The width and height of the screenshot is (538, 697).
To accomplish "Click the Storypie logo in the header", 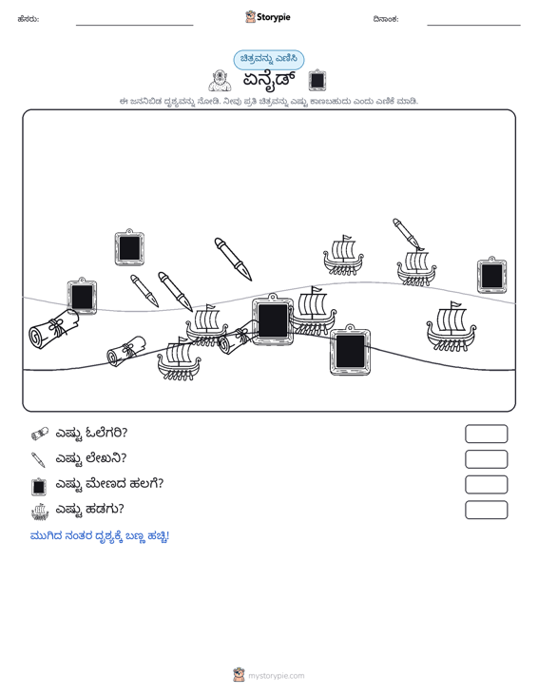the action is pos(268,17).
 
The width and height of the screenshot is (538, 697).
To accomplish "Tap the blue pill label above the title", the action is pos(269,60).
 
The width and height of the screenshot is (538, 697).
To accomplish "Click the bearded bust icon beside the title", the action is pos(220,81).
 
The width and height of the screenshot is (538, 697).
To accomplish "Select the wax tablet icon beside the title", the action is pos(317,80).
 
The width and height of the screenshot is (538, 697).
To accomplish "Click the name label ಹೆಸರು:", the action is pos(29,19).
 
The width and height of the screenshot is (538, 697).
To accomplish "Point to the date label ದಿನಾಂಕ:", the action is pos(386,19).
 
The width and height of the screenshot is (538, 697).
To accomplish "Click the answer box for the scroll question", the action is pos(487,434).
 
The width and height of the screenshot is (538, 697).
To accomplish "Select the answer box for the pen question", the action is pos(487,459).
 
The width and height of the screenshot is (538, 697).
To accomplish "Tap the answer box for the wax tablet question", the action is pos(487,485).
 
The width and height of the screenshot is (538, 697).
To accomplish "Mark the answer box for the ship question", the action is pos(487,510).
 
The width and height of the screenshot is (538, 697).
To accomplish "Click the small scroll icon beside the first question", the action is pos(40,434).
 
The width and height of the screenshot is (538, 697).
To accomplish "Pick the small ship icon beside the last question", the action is pos(40,512).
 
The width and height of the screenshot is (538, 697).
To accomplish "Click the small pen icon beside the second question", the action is pos(39,459).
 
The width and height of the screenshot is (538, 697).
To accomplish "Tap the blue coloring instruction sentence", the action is pos(100,536).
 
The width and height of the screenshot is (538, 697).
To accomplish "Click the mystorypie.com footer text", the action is pos(277,676).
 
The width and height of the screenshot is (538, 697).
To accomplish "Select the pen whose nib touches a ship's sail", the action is pos(408,234).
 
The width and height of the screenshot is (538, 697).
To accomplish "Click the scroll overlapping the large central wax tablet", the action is pos(239,339).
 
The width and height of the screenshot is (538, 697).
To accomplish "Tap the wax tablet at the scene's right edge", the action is pos(491,275).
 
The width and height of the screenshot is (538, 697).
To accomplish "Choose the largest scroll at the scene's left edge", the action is pos(53,329).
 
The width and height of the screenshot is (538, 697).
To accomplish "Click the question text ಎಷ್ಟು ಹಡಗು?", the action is pos(89,509).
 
